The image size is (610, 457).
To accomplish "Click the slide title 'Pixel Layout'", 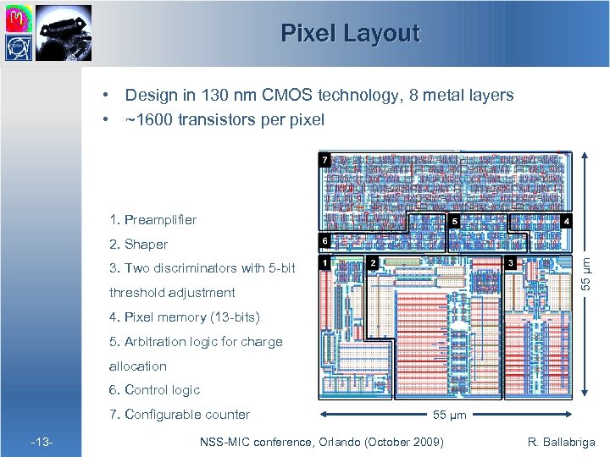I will click(x=350, y=33).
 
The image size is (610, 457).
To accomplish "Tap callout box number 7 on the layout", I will click(x=324, y=159).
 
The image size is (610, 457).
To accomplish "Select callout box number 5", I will click(x=454, y=222).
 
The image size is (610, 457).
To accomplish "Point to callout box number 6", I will click(x=324, y=241).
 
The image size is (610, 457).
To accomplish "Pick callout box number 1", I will click(x=324, y=263).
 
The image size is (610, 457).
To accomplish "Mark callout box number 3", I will click(x=510, y=263).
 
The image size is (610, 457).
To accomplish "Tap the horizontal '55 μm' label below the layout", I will click(x=450, y=416).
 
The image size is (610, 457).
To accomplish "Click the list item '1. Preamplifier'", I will click(x=152, y=220).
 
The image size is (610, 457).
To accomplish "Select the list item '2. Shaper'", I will click(x=138, y=245).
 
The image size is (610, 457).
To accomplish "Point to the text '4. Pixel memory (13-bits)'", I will click(x=184, y=317).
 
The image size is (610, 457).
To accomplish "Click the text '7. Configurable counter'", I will click(x=179, y=414).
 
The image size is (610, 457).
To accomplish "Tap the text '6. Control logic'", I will click(x=154, y=390).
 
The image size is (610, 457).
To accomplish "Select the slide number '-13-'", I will click(x=42, y=441).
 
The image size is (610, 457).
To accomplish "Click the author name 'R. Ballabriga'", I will click(x=561, y=441).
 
